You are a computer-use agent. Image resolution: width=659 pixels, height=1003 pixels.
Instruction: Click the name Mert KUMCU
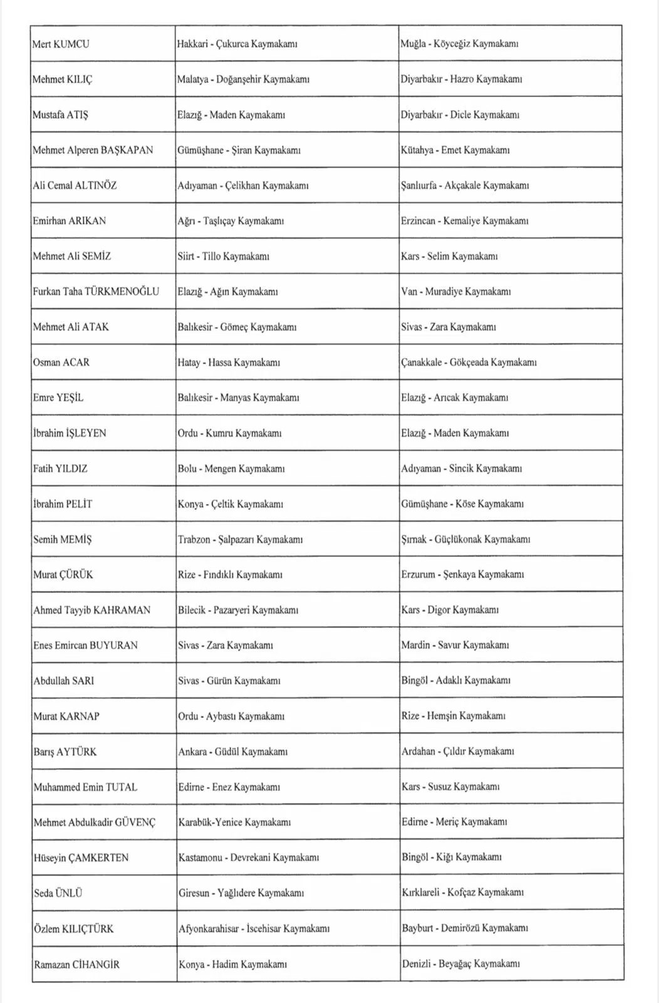coord(61,44)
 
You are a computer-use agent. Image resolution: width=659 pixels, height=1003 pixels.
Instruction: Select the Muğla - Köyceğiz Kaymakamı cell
coord(459,44)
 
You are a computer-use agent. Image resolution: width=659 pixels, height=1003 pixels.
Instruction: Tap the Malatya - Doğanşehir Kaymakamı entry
coord(243,80)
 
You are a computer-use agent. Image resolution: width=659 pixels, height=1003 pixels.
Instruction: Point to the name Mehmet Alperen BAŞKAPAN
coord(93,150)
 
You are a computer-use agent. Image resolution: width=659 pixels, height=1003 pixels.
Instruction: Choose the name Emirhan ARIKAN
coord(70,221)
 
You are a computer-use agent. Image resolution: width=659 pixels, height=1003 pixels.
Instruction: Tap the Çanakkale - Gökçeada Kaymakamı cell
coord(469,362)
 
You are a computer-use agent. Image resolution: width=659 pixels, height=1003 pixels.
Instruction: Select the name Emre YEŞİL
coord(58,397)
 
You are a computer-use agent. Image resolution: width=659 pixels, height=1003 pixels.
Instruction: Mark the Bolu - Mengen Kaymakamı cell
coord(231,468)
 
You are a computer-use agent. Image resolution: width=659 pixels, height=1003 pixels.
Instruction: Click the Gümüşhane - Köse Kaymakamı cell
coord(462,504)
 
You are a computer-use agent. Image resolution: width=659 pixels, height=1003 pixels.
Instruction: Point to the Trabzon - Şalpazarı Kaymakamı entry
coord(241,539)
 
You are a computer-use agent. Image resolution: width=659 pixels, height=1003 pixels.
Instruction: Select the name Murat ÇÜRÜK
coord(63,575)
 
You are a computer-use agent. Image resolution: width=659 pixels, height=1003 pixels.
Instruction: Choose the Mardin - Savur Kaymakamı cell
coord(455,645)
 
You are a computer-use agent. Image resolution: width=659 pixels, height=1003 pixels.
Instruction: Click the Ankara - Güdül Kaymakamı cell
coord(233,752)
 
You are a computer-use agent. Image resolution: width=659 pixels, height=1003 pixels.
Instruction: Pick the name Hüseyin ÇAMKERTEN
coord(81,858)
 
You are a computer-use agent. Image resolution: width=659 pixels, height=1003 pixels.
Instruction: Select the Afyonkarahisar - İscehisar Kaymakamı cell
coord(254,928)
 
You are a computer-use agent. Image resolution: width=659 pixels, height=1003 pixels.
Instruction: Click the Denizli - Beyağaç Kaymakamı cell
coord(461,964)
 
